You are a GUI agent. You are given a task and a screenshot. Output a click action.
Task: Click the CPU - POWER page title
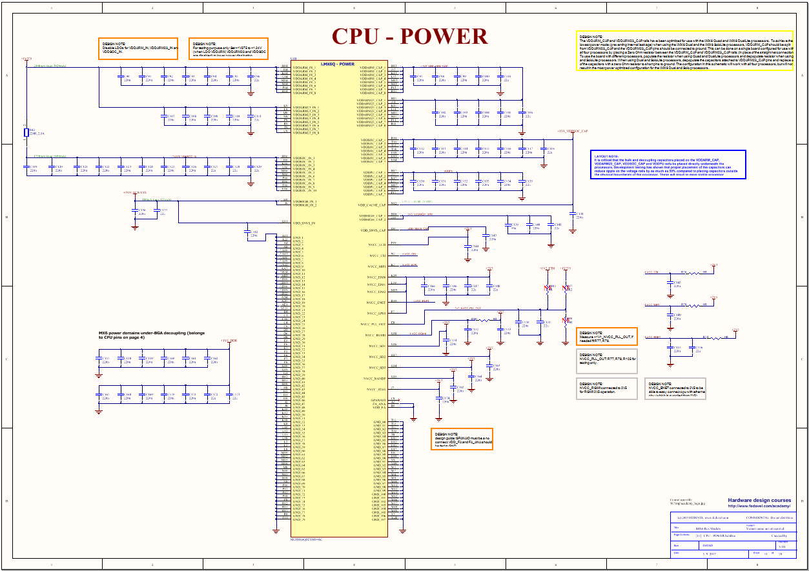pos(409,37)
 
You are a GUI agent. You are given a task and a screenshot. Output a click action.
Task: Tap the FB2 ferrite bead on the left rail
pos(25,134)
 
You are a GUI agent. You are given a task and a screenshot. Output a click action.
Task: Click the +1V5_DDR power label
pos(229,340)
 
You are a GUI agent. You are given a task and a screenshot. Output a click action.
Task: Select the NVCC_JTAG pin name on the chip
pos(376,390)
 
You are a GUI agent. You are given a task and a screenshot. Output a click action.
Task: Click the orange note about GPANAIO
pos(462,439)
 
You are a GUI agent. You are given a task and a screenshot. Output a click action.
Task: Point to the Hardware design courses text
pos(759,500)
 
